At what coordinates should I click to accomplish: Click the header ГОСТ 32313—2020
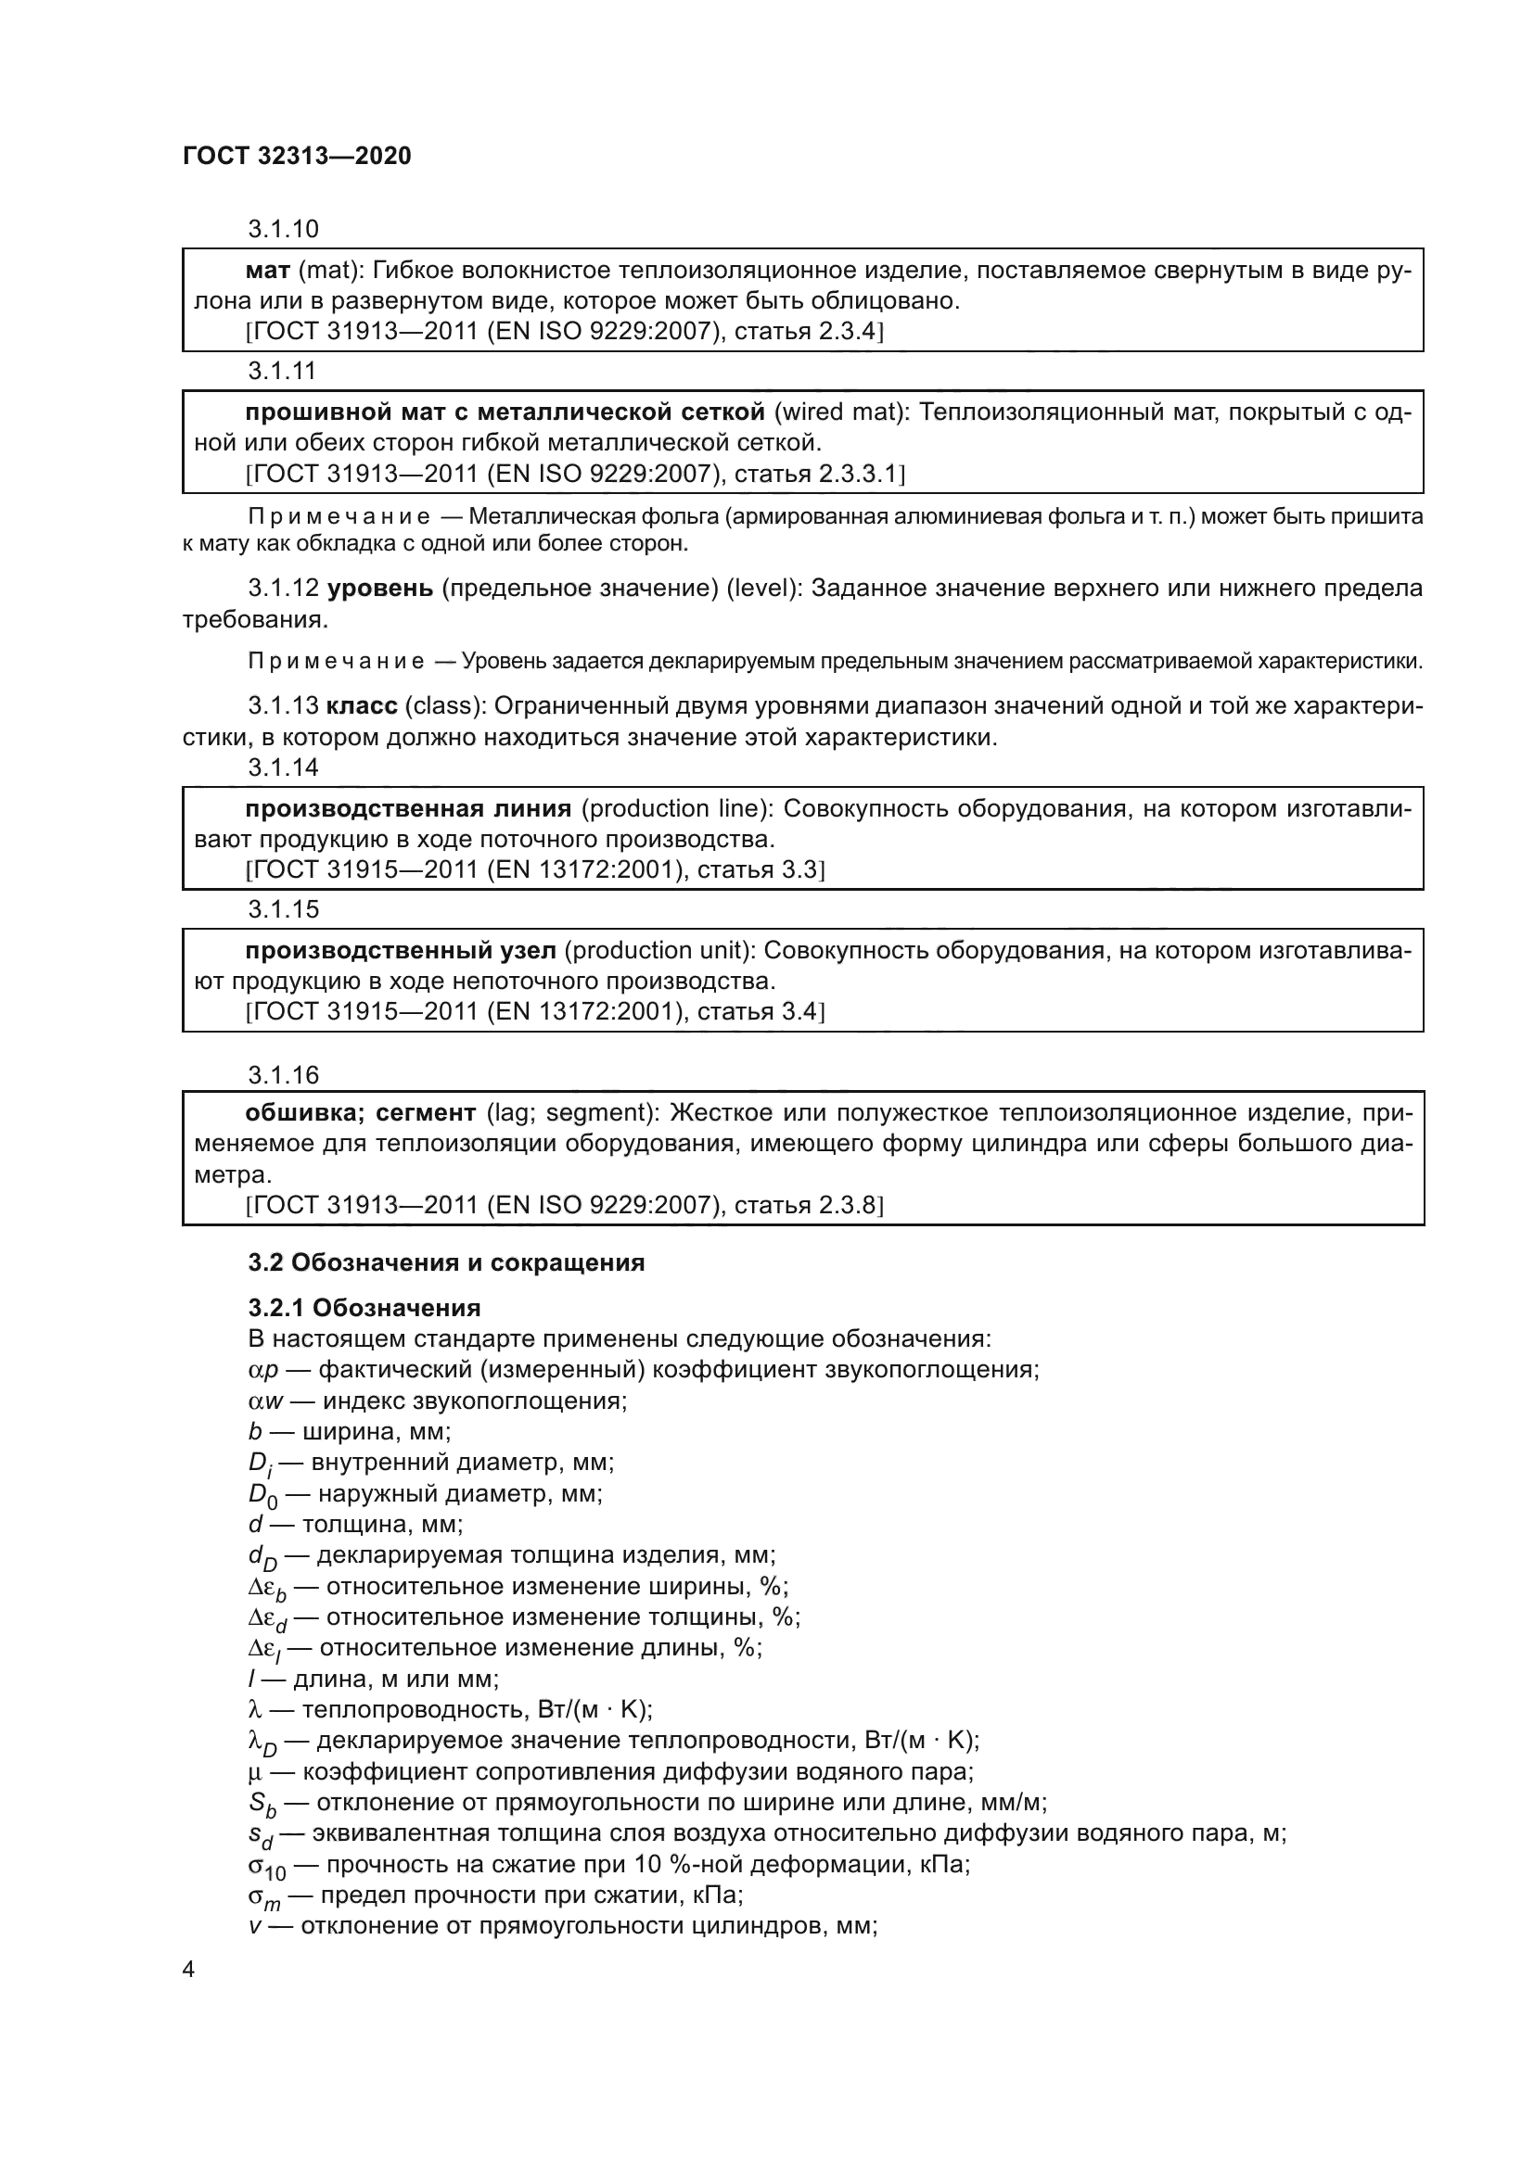[297, 156]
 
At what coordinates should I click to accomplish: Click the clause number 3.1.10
[284, 229]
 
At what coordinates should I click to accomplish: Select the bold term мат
[267, 271]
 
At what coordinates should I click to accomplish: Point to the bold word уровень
[379, 589]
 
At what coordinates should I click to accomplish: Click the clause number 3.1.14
[284, 767]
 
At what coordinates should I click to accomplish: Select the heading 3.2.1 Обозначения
[364, 1308]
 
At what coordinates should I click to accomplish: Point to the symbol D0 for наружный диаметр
[263, 1497]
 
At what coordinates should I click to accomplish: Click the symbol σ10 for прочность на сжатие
[266, 1867]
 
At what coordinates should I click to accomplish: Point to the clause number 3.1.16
[284, 1074]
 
